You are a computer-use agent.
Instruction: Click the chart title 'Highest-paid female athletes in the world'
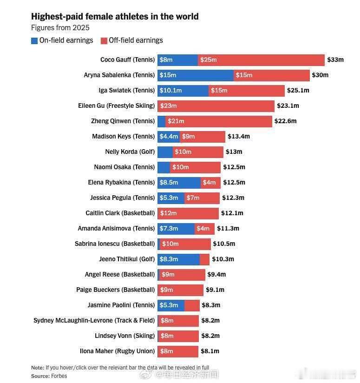pyautogui.click(x=115, y=17)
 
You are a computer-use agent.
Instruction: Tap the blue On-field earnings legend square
pyautogui.click(x=34, y=41)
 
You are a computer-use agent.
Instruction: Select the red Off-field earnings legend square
pyautogui.click(x=104, y=41)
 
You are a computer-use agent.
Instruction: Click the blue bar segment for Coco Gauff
pyautogui.click(x=178, y=60)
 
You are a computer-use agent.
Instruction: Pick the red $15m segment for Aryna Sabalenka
pyautogui.click(x=272, y=75)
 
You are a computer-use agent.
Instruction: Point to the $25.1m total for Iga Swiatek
pyautogui.click(x=298, y=90)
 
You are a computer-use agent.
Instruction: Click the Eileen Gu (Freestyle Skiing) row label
pyautogui.click(x=117, y=106)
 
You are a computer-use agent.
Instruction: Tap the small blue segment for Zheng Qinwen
pyautogui.click(x=162, y=121)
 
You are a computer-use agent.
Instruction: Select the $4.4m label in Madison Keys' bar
pyautogui.click(x=169, y=136)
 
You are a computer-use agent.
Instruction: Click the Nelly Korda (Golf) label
pyautogui.click(x=130, y=152)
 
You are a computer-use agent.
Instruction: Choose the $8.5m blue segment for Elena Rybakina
pyautogui.click(x=179, y=183)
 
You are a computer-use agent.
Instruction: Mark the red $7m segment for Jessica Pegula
pyautogui.click(x=202, y=198)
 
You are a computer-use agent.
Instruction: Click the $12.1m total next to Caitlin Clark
pyautogui.click(x=232, y=213)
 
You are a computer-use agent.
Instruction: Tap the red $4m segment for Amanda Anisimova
pyautogui.click(x=204, y=229)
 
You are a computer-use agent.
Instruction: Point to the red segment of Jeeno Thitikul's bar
pyautogui.click(x=204, y=259)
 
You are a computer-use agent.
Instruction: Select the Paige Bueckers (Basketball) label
pyautogui.click(x=116, y=290)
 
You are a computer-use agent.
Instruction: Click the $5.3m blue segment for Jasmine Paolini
pyautogui.click(x=171, y=305)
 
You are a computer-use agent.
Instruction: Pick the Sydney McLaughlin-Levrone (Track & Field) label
pyautogui.click(x=94, y=320)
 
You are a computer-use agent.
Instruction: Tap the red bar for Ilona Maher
pyautogui.click(x=178, y=351)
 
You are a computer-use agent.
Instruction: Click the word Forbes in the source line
pyautogui.click(x=59, y=376)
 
